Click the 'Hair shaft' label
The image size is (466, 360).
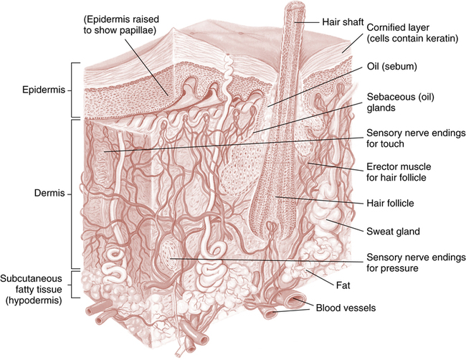[340, 22]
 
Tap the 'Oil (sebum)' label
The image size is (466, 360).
[392, 68]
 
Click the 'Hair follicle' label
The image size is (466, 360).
[392, 203]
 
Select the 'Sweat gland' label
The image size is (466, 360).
[392, 231]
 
